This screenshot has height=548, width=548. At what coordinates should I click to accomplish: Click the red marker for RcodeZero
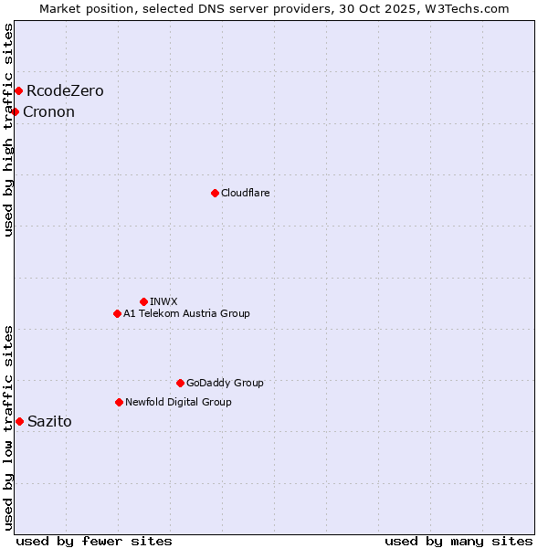point(18,90)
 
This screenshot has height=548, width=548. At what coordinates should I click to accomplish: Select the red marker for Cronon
point(15,111)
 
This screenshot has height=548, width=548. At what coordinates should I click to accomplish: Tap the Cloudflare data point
point(215,193)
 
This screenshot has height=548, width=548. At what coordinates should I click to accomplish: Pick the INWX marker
point(143,301)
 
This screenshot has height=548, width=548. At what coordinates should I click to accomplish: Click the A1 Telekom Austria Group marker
point(117,313)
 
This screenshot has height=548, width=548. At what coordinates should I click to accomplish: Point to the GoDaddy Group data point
point(180,383)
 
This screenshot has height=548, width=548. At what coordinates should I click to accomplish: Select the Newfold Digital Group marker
point(119,402)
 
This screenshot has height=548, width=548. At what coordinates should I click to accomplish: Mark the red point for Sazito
point(19,421)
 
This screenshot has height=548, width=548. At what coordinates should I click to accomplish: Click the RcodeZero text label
point(65,90)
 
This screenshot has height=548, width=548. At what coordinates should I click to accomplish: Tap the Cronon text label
point(48,111)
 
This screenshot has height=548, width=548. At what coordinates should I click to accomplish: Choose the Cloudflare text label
point(245,193)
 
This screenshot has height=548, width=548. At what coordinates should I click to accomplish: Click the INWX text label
point(163,301)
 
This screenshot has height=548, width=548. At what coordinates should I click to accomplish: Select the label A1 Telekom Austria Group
point(186,313)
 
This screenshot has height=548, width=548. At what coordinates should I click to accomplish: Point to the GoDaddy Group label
point(225,383)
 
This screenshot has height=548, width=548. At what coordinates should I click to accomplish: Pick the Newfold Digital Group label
point(178,402)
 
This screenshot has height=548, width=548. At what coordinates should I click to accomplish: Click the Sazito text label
point(49,421)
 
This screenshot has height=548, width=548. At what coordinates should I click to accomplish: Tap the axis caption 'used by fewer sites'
point(94,541)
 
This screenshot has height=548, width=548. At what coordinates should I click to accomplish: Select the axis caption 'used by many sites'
point(458,541)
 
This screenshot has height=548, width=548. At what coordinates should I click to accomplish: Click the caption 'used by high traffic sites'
point(8,130)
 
